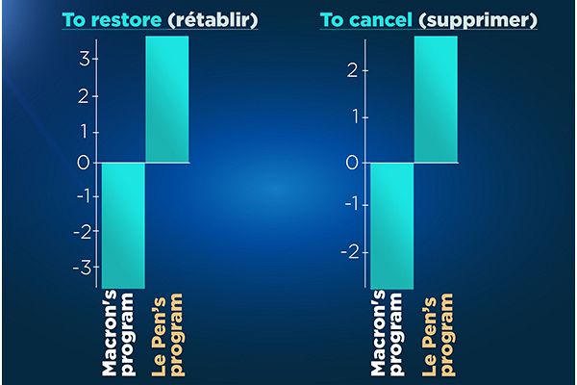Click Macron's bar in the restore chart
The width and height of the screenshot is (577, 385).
click(x=123, y=225)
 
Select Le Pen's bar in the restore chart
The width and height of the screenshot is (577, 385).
click(x=167, y=99)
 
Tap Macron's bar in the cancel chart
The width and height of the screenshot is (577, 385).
click(x=392, y=226)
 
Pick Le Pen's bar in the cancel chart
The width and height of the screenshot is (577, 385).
click(x=436, y=99)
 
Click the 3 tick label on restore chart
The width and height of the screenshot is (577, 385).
click(x=85, y=59)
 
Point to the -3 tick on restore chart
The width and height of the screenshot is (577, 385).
click(x=82, y=268)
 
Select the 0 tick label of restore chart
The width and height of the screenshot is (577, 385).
click(x=83, y=163)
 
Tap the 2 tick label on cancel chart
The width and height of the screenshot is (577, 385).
click(x=352, y=70)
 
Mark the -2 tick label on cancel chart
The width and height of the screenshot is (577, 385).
click(x=350, y=252)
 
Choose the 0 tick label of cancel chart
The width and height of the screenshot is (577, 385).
click(x=352, y=163)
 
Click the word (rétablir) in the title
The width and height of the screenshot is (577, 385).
click(x=213, y=20)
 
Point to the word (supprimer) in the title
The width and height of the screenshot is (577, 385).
click(x=478, y=20)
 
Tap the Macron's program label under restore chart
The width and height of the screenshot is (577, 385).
click(x=118, y=333)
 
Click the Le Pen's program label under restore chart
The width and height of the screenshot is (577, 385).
click(x=167, y=335)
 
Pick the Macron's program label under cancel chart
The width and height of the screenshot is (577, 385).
click(x=387, y=333)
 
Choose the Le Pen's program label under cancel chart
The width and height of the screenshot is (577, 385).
click(x=438, y=335)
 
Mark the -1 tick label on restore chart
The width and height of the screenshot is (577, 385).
click(x=83, y=196)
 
